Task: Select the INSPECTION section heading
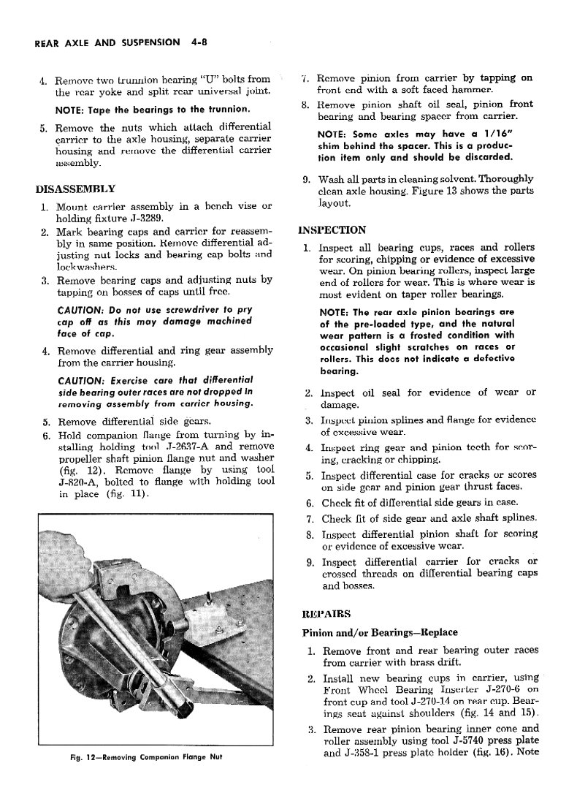coord(333,229)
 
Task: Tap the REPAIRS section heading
coord(326,612)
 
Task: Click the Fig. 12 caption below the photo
coord(140,756)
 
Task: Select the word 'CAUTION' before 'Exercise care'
coord(80,380)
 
